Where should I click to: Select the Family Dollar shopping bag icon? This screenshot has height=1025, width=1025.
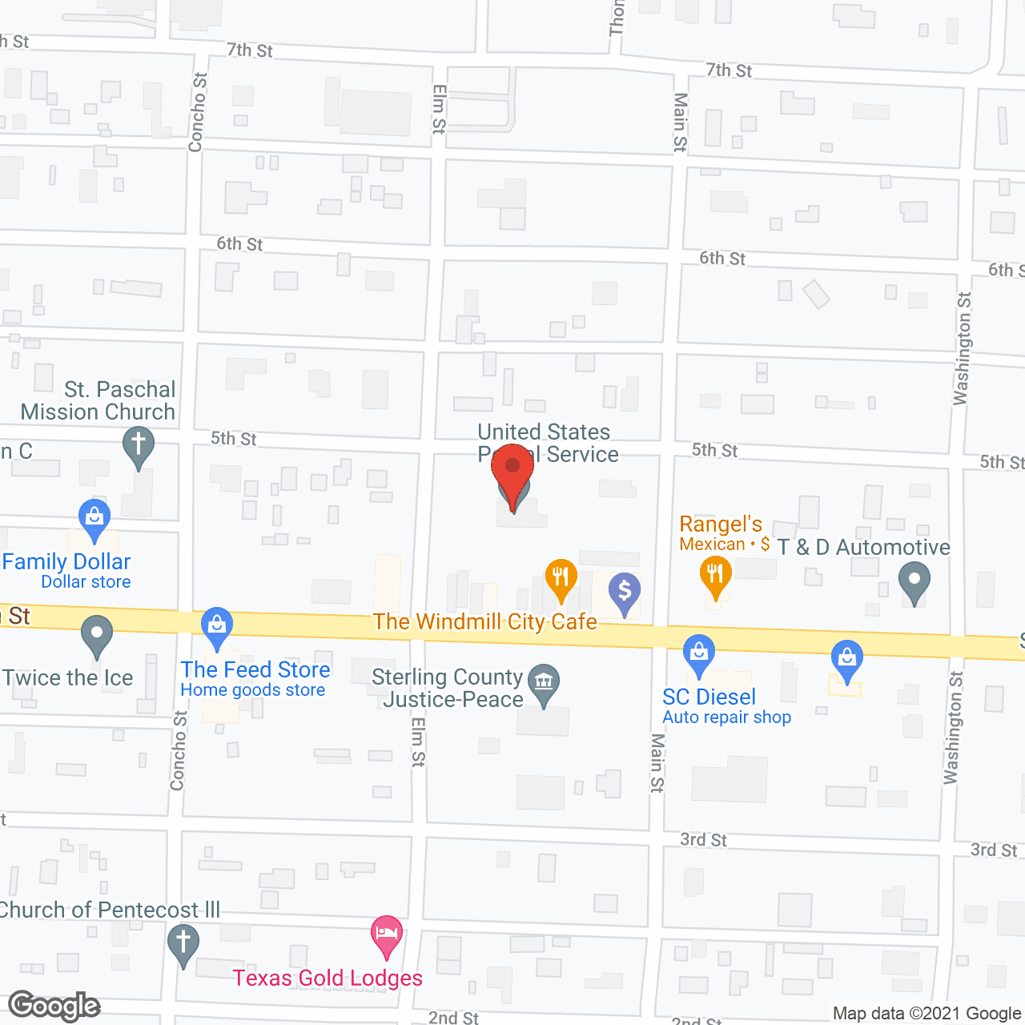coord(94,517)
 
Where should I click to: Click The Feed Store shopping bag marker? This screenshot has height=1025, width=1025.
coord(217,625)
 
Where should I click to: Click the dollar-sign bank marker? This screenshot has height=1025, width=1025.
coord(625,593)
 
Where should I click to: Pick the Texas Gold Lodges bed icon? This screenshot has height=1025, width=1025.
coord(387,935)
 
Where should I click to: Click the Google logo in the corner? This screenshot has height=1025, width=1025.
coord(54,1006)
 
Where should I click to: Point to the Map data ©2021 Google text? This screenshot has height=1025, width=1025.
coord(927,1014)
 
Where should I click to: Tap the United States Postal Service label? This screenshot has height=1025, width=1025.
coord(549,443)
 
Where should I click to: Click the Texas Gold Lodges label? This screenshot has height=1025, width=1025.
coord(328,978)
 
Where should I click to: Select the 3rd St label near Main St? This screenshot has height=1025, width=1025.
coord(703,840)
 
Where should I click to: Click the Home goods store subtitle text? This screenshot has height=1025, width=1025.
coord(253,690)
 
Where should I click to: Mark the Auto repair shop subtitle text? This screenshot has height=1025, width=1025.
coord(726,717)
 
